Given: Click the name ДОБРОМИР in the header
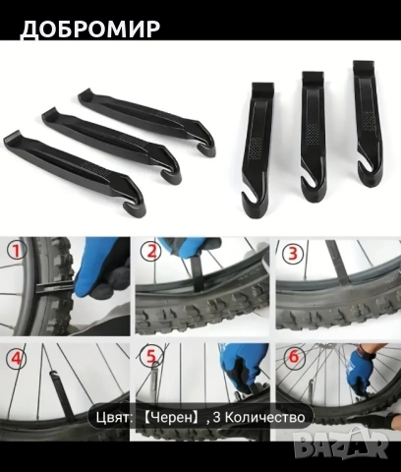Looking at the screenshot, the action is tap(90, 29).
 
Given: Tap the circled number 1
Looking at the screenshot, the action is tap(17, 252).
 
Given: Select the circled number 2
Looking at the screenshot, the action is tap(150, 252).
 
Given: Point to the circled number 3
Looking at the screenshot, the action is tap(292, 253).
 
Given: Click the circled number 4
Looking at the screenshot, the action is tap(17, 359).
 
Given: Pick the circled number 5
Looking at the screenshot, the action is tap(150, 357).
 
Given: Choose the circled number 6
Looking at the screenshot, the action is tap(293, 357).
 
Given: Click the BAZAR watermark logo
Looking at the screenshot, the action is tap(341, 443).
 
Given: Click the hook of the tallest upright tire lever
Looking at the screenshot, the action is tap(365, 170).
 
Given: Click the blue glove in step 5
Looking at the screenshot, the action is tap(242, 365).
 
